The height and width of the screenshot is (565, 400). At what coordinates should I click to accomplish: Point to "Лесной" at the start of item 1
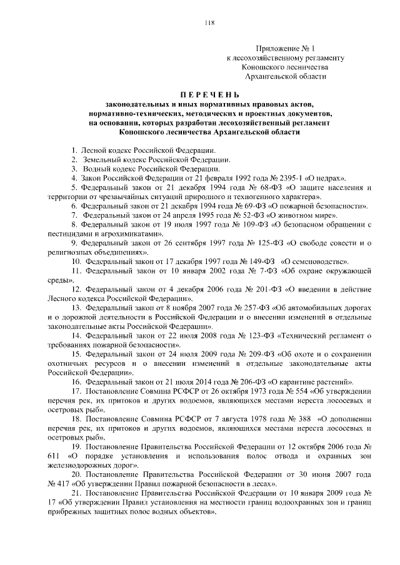tap(92, 151)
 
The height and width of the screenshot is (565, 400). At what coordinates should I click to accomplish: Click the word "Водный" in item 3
tap(93, 169)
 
